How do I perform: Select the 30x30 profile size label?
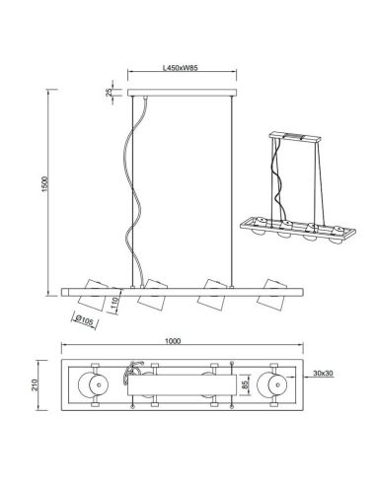tap(321, 373)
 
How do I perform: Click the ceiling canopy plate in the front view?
tap(182, 95)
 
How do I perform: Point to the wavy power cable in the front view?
tap(133, 187)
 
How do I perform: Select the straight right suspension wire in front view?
tap(233, 187)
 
